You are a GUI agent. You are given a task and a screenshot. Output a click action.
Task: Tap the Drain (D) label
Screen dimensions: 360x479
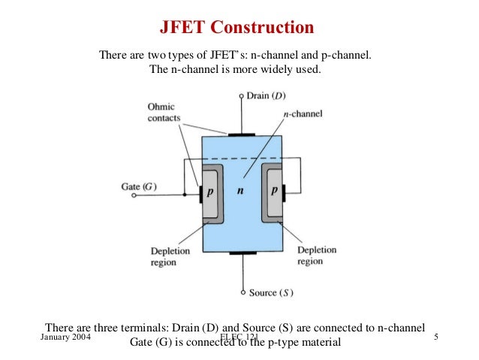(x=267, y=96)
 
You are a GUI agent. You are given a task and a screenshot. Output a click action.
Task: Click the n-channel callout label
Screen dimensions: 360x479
(x=302, y=113)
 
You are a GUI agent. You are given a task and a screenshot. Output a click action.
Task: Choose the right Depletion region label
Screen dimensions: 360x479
(x=316, y=256)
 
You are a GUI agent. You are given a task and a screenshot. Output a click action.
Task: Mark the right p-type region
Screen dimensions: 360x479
(x=275, y=192)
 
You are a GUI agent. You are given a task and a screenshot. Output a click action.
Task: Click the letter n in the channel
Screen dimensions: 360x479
(x=240, y=192)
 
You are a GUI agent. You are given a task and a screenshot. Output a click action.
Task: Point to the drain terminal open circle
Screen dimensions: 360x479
(x=241, y=96)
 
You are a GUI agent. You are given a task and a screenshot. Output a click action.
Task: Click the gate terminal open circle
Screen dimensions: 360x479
(x=134, y=195)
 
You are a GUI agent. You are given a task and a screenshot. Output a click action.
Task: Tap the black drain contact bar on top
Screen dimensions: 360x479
(x=242, y=135)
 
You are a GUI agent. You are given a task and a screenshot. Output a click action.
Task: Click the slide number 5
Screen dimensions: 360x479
(x=437, y=338)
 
